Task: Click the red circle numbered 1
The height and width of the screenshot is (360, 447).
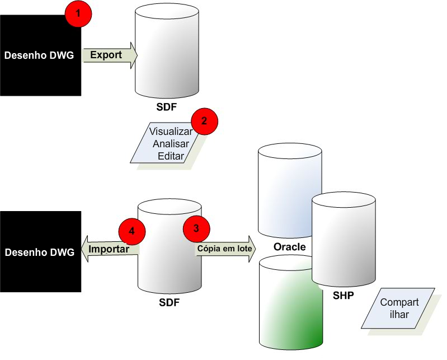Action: click(78, 15)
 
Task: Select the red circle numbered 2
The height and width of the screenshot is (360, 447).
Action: click(204, 121)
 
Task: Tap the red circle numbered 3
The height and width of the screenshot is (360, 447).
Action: click(196, 228)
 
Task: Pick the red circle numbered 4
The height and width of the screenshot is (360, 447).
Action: click(132, 230)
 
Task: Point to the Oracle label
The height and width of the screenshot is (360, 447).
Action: click(289, 247)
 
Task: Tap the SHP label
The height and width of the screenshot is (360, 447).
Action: click(343, 295)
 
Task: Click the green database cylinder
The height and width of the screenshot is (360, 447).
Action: click(290, 305)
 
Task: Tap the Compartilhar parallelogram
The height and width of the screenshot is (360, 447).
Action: click(398, 308)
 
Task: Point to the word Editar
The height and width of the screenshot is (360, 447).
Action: click(171, 156)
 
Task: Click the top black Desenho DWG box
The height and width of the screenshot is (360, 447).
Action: click(40, 55)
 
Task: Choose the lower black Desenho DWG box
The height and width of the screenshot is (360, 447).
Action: click(40, 251)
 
